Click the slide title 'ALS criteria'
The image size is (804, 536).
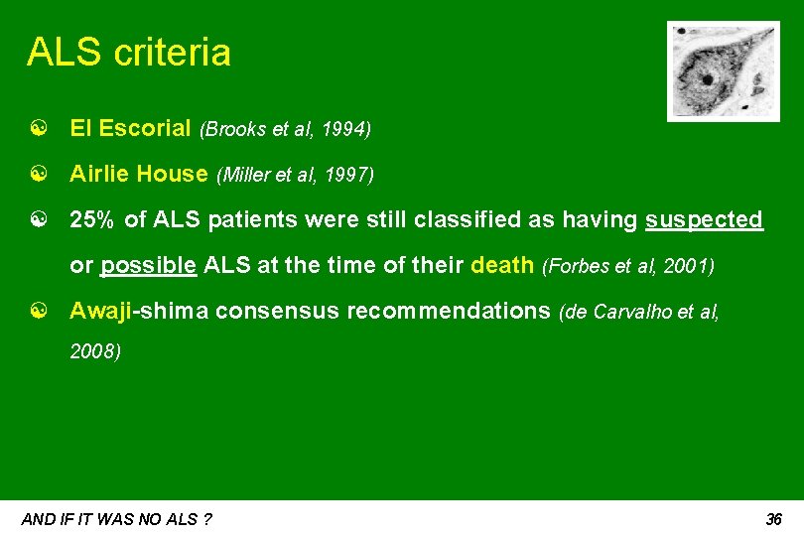pos(128,53)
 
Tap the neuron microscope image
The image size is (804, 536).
pos(710,71)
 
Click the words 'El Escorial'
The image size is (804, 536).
pos(130,128)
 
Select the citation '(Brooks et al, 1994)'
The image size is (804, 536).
pos(285,129)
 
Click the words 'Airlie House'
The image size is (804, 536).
pos(138,175)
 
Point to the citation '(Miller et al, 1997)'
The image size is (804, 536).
pos(294,176)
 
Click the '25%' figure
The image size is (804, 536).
pos(93,220)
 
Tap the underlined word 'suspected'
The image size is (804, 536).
pos(704,220)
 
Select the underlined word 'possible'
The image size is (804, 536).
pos(148,266)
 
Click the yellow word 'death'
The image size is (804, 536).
pos(503,266)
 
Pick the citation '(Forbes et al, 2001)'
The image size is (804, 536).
pos(627,267)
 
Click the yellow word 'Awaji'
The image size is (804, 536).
pos(101,312)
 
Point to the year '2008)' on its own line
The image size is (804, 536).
pos(95,351)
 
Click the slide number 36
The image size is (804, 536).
pos(774,519)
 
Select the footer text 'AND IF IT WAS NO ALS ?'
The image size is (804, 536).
pos(116,519)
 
